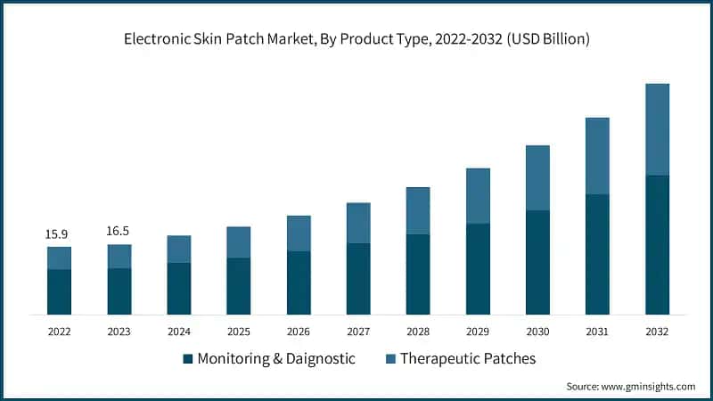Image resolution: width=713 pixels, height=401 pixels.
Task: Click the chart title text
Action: click(356, 39)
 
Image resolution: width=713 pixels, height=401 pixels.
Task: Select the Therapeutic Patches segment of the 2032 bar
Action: click(657, 129)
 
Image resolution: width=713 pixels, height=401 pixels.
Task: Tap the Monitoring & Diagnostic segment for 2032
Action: click(657, 244)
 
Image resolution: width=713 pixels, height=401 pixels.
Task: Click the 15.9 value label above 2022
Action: click(58, 234)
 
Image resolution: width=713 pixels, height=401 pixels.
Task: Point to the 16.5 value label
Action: click(119, 231)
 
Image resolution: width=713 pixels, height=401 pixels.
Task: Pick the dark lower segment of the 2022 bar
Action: click(59, 291)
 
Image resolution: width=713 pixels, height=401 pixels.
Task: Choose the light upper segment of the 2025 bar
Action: click(238, 242)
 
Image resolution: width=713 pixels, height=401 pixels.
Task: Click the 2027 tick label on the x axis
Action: click(357, 331)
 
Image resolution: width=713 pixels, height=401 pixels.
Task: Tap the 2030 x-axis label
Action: click(537, 331)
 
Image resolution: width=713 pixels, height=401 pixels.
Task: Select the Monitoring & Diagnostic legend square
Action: click(187, 359)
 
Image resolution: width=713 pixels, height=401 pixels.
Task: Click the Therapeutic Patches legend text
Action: click(468, 358)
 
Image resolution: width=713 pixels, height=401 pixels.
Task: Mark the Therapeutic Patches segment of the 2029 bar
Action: click(478, 196)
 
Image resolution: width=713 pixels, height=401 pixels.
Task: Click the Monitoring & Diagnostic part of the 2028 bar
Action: click(418, 274)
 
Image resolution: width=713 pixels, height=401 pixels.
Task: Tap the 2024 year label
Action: click(178, 331)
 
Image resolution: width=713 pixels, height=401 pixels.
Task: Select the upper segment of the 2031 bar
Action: click(597, 156)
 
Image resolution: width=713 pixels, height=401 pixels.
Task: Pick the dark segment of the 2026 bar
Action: click(299, 282)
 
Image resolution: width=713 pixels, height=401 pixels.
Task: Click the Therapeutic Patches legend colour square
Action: click(390, 359)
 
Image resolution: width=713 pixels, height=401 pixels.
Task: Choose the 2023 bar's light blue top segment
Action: click(119, 256)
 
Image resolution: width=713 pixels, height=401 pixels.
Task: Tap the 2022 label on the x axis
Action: click(59, 331)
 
